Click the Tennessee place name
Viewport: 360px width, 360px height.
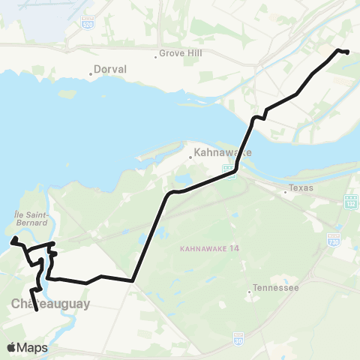point(277,288)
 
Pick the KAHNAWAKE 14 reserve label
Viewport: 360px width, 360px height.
point(205,248)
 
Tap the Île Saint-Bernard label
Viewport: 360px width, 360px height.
point(29,217)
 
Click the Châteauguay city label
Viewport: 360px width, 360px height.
point(50,304)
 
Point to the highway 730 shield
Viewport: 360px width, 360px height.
point(334,238)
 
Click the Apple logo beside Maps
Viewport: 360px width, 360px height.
point(12,347)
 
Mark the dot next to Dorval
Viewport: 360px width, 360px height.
point(91,74)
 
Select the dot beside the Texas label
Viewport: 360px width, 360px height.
point(285,192)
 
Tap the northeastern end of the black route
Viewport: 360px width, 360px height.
point(348,51)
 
